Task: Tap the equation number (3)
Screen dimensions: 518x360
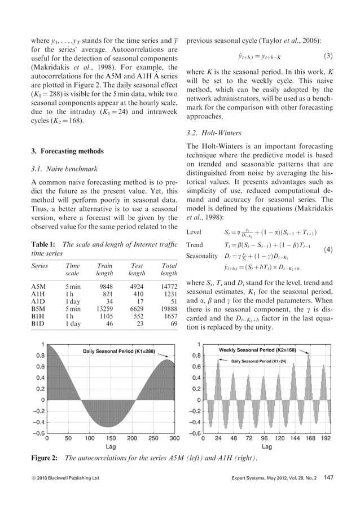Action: point(328,56)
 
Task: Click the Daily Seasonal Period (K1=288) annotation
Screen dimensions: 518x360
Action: point(118,352)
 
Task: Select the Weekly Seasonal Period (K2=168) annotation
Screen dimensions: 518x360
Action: point(263,350)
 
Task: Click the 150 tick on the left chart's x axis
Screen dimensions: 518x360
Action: point(111,437)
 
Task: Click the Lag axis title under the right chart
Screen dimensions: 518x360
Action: point(267,446)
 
